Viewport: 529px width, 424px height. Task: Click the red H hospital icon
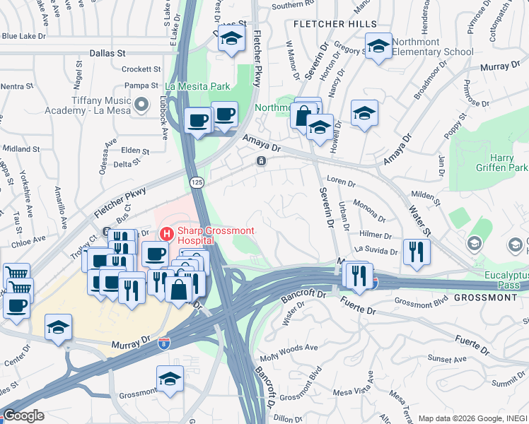[x=166, y=232]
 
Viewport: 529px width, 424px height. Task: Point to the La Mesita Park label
[x=197, y=86]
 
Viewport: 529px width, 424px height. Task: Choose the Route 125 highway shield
[x=197, y=183]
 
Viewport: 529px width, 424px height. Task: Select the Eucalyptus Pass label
[x=501, y=280]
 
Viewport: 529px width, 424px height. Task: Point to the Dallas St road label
[x=107, y=52]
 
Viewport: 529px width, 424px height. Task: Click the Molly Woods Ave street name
[x=291, y=348]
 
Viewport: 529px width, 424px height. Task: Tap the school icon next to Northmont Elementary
[x=378, y=47]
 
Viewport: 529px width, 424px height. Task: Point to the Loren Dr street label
[x=341, y=182]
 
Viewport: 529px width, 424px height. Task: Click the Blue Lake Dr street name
[x=24, y=35]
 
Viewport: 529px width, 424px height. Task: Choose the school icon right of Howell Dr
[x=364, y=113]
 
